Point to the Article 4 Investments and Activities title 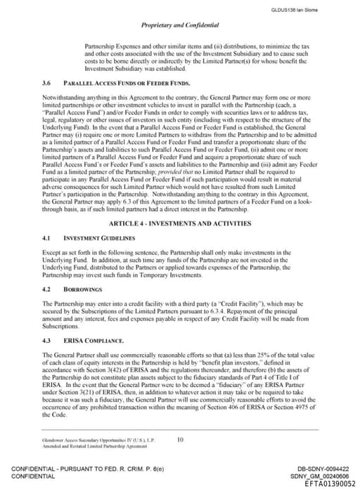[x=179, y=204]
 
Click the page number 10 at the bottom [x=180, y=440]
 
